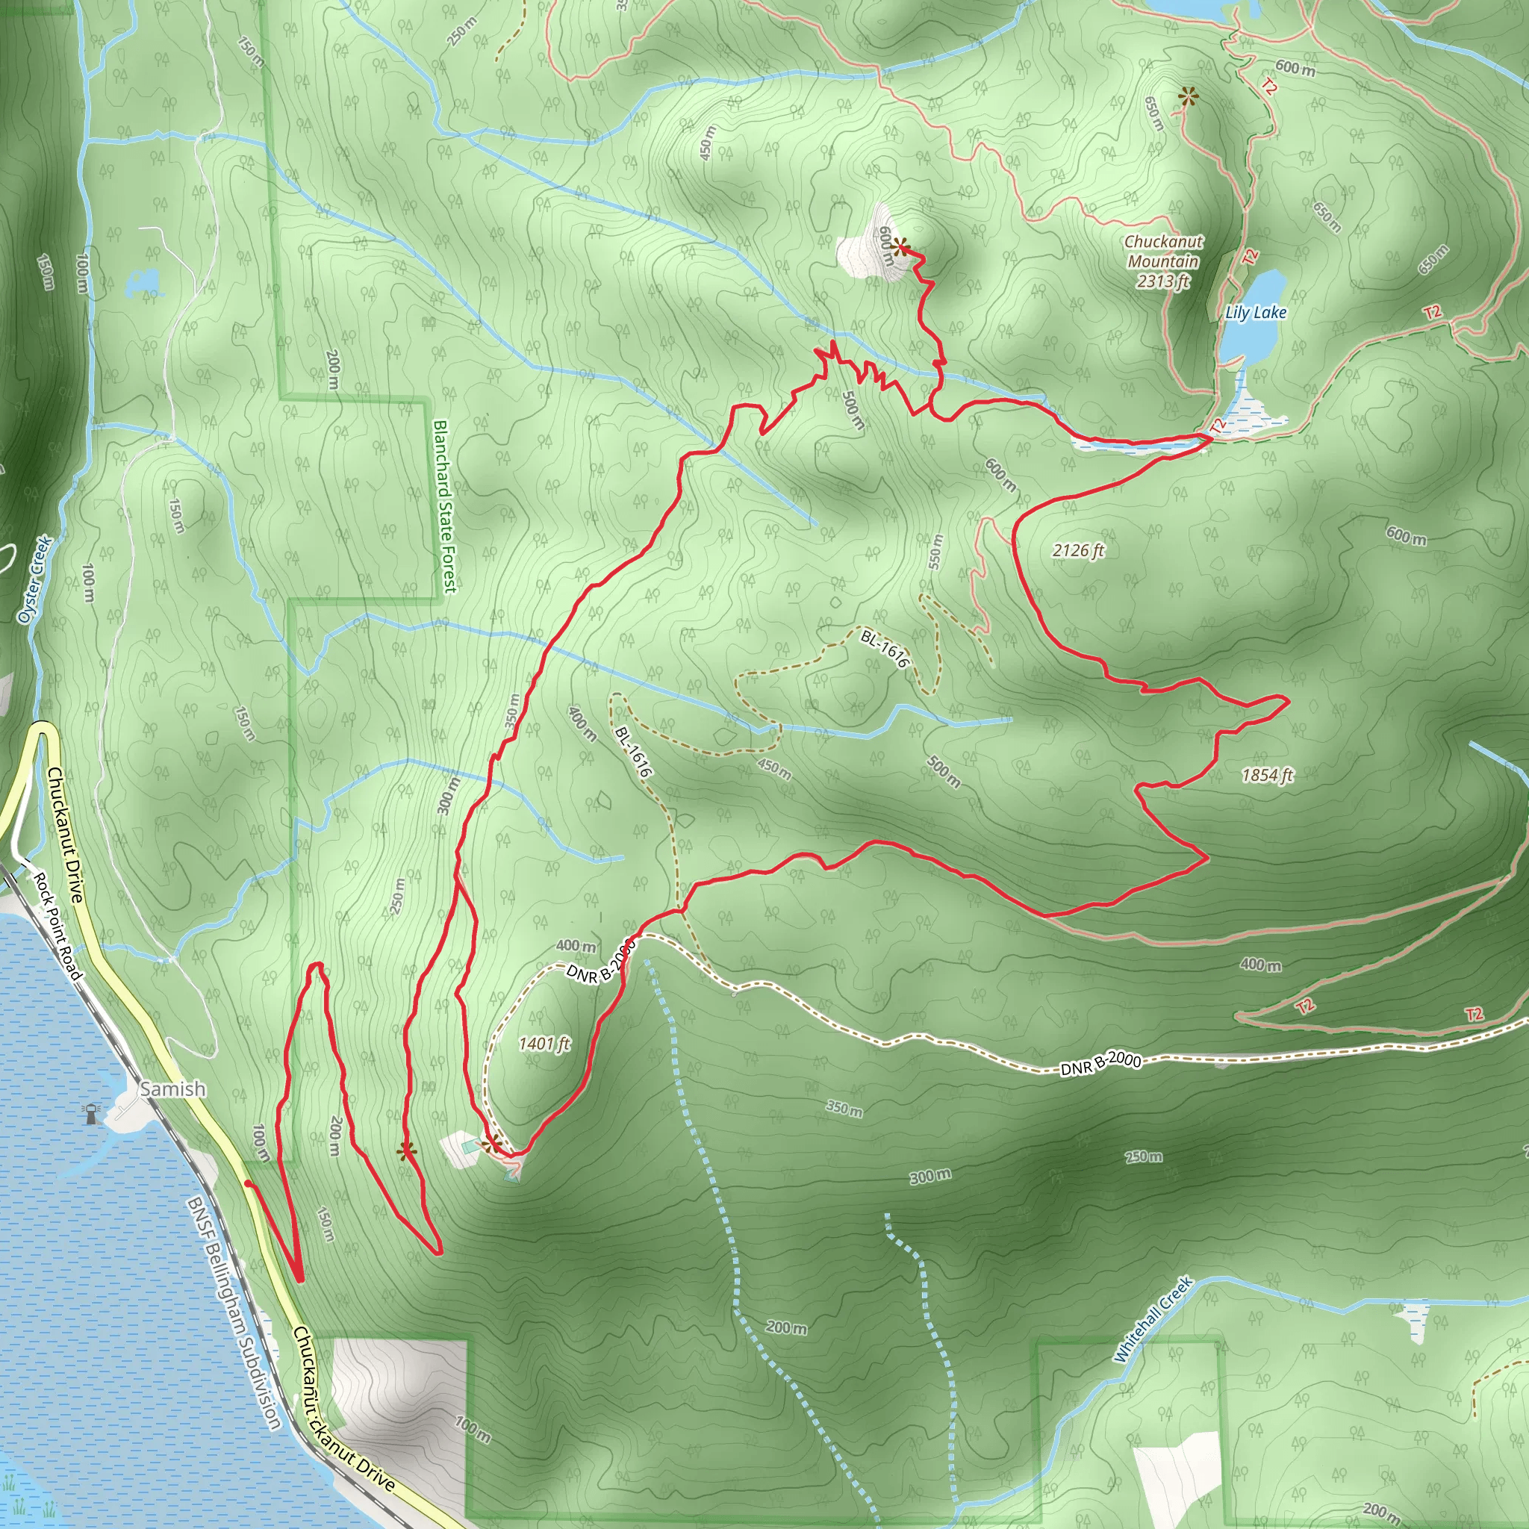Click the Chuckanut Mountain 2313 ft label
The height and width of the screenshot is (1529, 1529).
1162,261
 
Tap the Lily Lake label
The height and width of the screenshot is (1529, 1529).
1255,313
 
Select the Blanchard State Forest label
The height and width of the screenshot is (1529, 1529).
445,505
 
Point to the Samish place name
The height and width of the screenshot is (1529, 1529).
172,1089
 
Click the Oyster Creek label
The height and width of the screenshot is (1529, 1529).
36,579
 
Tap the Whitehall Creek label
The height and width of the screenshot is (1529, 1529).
1151,1319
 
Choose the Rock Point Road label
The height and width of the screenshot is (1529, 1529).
57,926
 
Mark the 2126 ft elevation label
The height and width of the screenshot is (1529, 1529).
1078,550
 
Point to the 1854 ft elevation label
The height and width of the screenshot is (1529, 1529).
1267,775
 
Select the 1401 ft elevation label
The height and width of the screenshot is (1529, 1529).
544,1043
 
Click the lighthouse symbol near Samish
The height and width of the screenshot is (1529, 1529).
92,1113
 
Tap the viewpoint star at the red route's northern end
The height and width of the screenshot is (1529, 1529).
900,248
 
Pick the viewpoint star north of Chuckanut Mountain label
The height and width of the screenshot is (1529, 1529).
1188,97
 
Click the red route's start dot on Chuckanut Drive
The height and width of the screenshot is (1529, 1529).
248,1184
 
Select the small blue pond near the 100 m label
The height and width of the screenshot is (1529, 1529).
143,282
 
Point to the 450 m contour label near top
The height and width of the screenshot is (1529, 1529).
708,143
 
